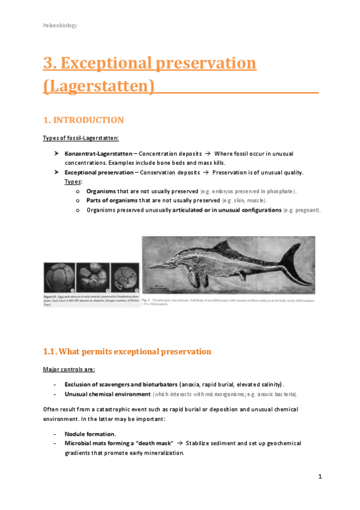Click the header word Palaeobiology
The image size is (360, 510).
[x=59, y=25]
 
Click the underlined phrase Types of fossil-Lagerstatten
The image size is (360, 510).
[x=81, y=138]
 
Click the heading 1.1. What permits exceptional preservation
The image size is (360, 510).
[x=127, y=351]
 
